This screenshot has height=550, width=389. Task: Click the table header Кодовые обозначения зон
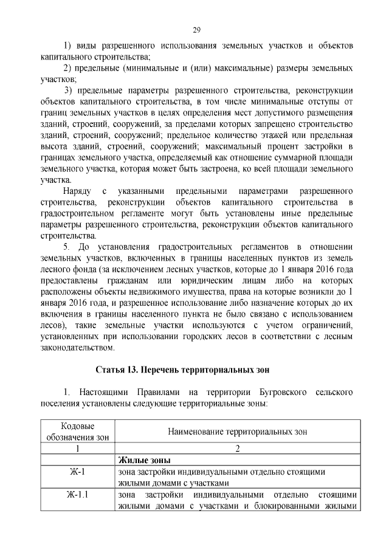78,431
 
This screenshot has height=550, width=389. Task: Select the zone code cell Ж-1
78,471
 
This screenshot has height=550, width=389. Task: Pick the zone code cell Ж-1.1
78,494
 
